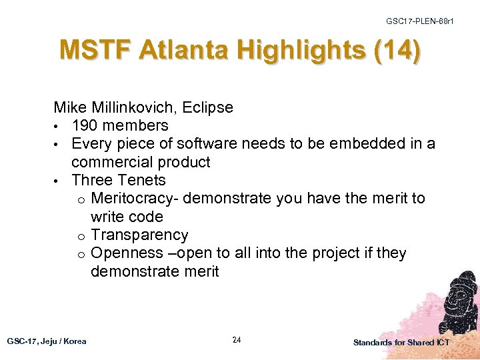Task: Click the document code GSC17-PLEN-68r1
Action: pos(420,21)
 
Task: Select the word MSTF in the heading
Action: pos(95,51)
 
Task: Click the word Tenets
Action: pos(141,180)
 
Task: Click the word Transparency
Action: pos(139,235)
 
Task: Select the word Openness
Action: pos(127,253)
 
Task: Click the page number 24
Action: pos(237,340)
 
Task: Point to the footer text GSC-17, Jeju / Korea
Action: pos(47,341)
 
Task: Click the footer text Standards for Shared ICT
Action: pos(401,343)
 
